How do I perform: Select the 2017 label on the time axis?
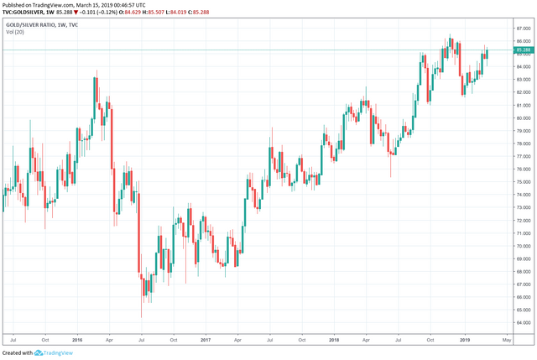206,340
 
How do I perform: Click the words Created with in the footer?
17,353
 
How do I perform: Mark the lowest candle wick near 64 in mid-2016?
142,316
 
